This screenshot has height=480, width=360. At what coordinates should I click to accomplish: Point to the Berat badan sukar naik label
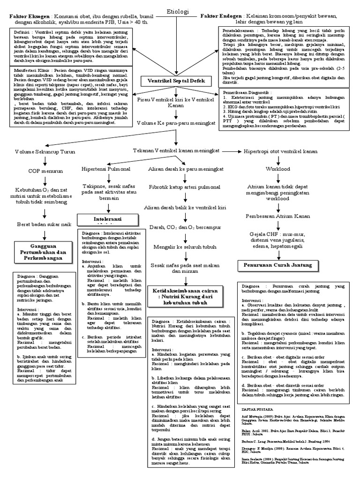point(44,225)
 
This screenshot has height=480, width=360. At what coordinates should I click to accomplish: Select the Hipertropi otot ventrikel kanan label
point(281,152)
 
